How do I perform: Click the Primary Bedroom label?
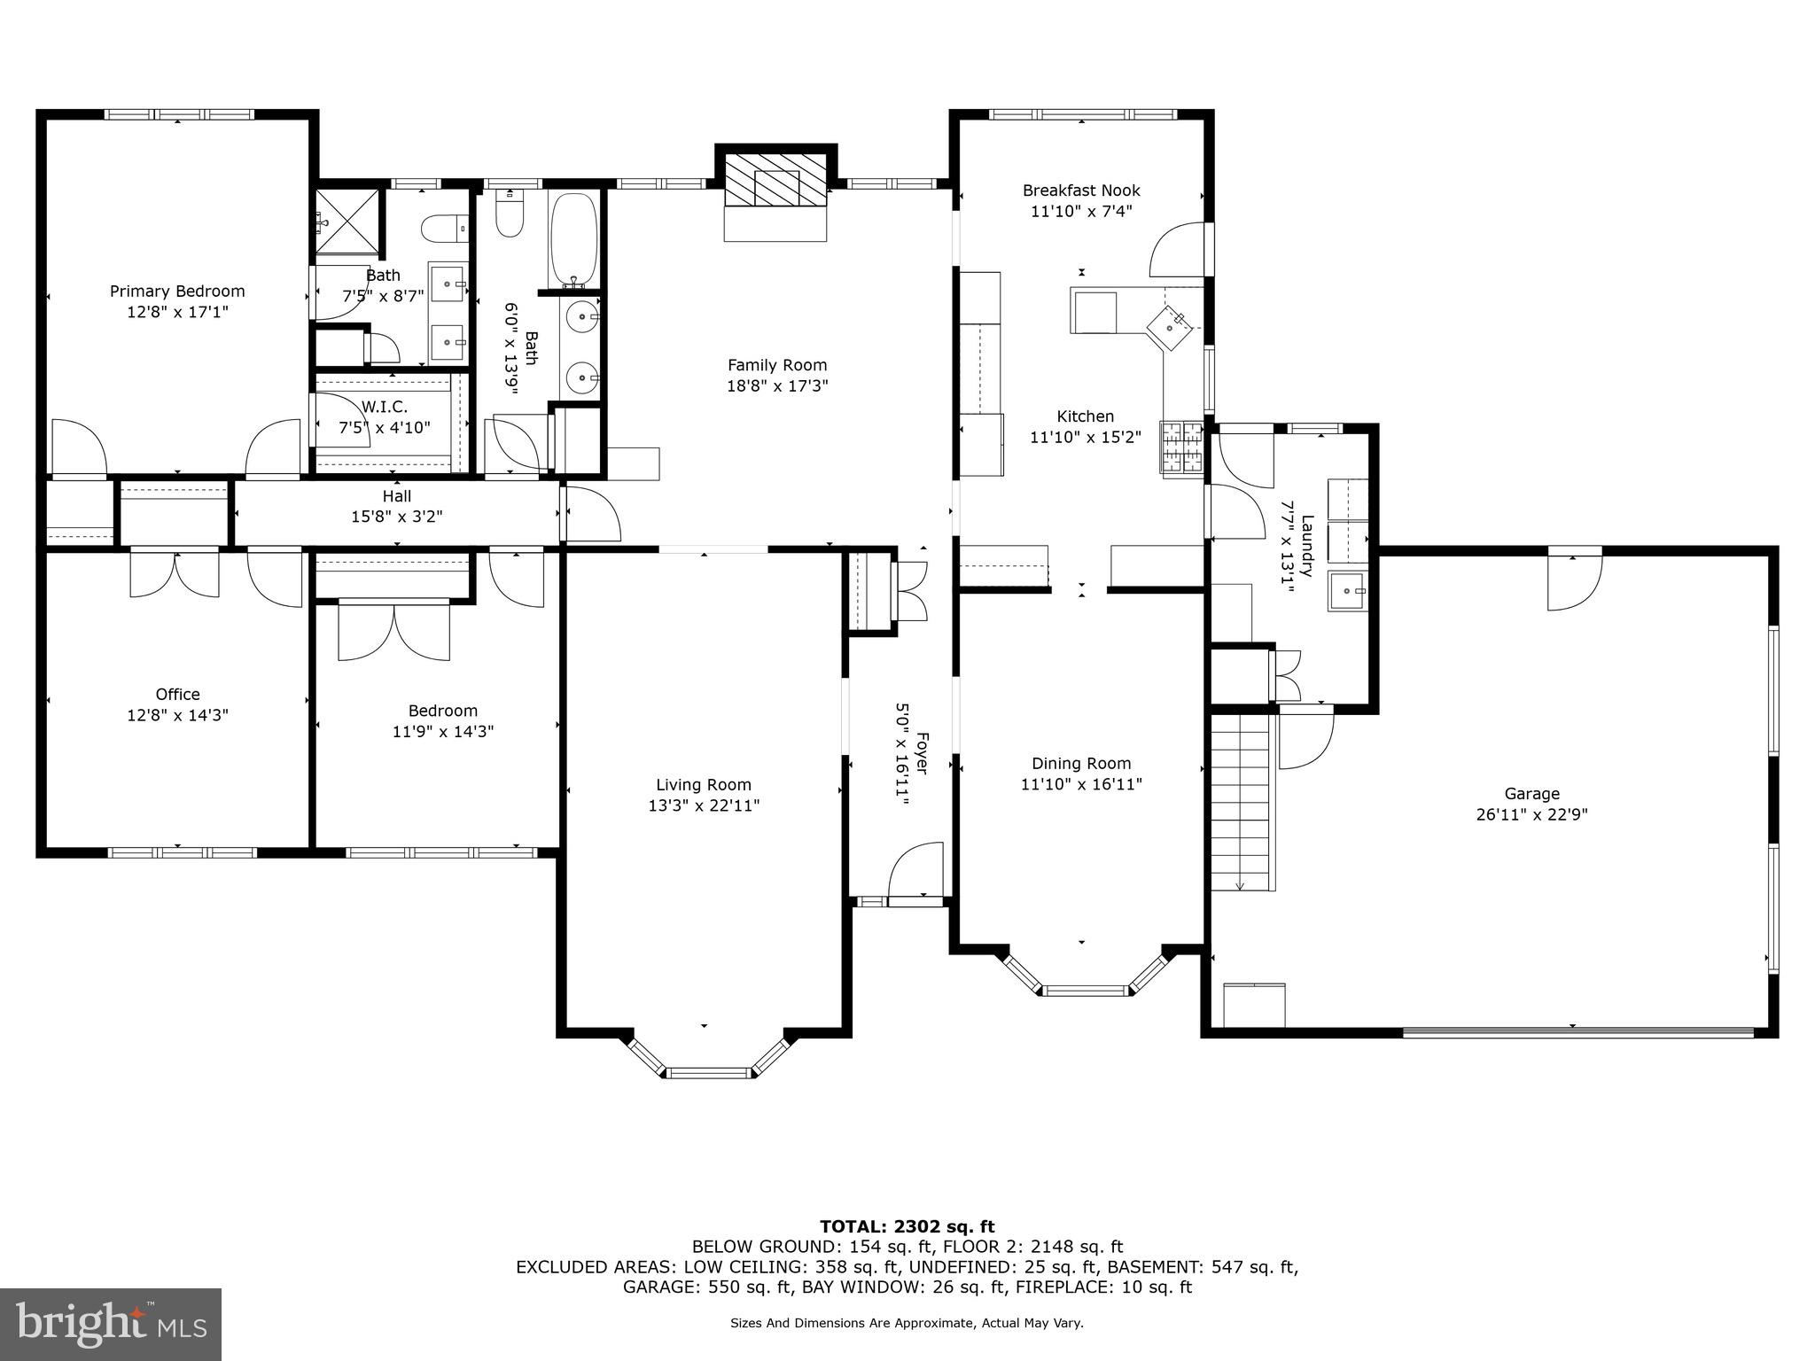point(177,292)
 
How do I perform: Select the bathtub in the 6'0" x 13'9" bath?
point(573,237)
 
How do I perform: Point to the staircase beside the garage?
point(1242,802)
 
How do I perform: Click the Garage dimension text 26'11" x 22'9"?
point(1531,815)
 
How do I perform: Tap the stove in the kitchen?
point(1182,447)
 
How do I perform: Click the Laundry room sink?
point(1347,591)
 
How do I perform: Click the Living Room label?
point(704,785)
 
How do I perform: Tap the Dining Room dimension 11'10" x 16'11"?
point(1081,784)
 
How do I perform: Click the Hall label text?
point(397,496)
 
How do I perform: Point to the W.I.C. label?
point(385,407)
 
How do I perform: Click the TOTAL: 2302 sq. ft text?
point(907,1226)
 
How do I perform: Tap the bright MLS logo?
point(111,1324)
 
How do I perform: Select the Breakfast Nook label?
point(1081,191)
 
